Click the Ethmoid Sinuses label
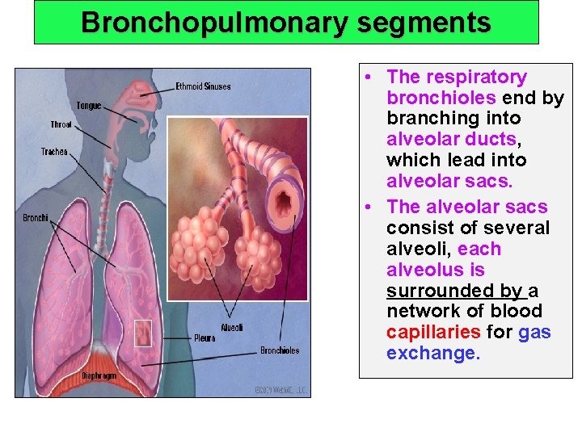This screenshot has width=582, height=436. (x=203, y=86)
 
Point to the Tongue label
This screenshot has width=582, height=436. (x=88, y=106)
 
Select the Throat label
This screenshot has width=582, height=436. (x=61, y=124)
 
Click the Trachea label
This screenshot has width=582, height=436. (x=54, y=152)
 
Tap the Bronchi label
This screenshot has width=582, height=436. (x=35, y=217)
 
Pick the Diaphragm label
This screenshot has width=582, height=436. (x=99, y=375)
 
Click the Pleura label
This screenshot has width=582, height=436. (x=205, y=337)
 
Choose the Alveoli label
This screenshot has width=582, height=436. (x=231, y=327)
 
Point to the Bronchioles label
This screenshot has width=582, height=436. (x=279, y=350)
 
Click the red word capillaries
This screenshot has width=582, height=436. (x=433, y=332)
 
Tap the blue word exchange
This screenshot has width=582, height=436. (x=432, y=353)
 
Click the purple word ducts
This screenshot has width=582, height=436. (x=500, y=139)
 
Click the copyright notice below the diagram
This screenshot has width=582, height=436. (x=281, y=388)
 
